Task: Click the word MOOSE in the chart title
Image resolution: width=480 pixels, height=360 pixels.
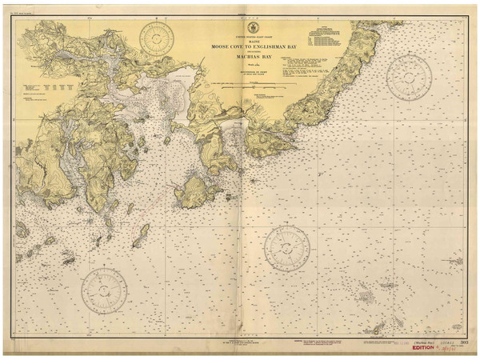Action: tap(221, 47)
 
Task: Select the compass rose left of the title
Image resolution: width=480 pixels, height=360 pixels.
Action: tap(158, 37)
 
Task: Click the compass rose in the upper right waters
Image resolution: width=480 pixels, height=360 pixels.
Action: tap(408, 76)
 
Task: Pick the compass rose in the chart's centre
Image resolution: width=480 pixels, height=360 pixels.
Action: tap(286, 247)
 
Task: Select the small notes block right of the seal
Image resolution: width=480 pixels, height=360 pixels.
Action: tap(324, 35)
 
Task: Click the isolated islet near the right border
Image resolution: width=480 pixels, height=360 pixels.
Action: tap(456, 260)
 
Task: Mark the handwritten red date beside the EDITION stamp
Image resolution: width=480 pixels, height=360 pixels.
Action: tap(450, 349)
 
